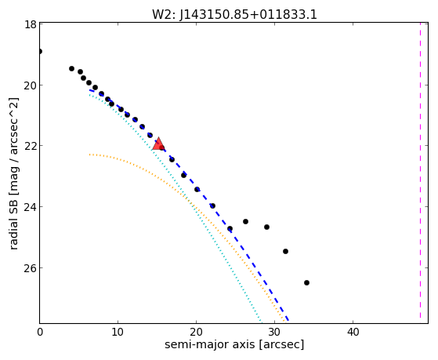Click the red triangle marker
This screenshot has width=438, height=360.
click(x=158, y=144)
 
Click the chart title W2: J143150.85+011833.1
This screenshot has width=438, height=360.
click(x=234, y=15)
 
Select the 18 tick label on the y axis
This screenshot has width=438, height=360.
click(x=31, y=24)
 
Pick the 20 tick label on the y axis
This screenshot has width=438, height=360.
click(x=31, y=85)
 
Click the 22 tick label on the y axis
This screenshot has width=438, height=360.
click(x=31, y=146)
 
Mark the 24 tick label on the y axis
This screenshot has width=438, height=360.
click(x=31, y=207)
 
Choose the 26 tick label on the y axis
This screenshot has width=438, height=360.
click(x=31, y=267)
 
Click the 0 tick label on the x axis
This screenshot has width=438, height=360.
click(x=40, y=333)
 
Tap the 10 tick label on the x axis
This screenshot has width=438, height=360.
click(x=118, y=333)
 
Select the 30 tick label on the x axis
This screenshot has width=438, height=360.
click(x=274, y=333)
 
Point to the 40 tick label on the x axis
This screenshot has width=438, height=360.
click(x=353, y=333)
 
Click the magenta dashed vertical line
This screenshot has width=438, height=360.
click(x=420, y=173)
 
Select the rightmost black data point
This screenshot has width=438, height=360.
click(x=306, y=283)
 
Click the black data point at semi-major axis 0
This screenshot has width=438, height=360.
click(x=40, y=52)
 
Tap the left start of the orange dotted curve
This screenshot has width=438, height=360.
click(x=90, y=155)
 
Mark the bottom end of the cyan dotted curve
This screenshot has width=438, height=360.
click(x=261, y=322)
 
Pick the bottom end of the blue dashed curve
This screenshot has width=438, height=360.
click(x=288, y=320)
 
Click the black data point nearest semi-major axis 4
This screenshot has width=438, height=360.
click(x=71, y=68)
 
